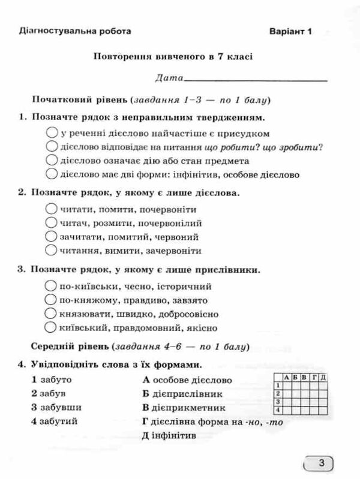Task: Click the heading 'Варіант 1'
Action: [292, 31]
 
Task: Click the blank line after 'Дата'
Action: [257, 79]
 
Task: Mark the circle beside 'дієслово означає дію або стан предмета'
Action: [51, 161]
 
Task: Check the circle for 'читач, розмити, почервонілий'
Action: [51, 224]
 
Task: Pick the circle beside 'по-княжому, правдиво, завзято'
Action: [51, 300]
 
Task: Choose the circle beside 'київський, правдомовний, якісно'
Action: [51, 328]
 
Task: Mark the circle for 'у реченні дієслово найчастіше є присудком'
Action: [51, 133]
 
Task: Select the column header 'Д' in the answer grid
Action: [323, 377]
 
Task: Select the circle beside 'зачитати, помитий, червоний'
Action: [51, 237]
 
